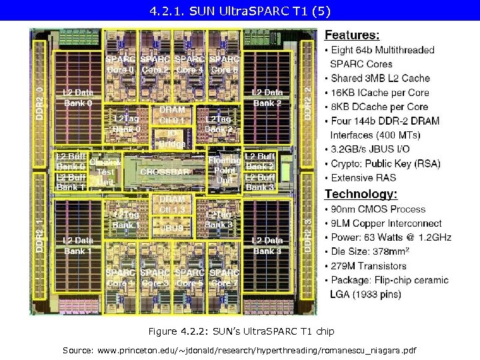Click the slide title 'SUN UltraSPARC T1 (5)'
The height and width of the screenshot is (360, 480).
tap(239, 11)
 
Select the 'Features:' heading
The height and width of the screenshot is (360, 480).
tap(352, 35)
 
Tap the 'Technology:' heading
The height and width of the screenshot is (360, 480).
tap(361, 194)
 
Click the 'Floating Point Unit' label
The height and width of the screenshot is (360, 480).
tap(224, 170)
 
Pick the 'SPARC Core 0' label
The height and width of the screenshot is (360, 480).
tap(121, 64)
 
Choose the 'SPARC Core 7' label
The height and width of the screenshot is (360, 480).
tap(224, 278)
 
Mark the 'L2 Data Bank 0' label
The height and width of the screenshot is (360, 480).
tap(78, 98)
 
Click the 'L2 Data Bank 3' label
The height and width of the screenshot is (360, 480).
tap(267, 245)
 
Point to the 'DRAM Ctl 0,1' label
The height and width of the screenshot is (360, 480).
tap(172, 115)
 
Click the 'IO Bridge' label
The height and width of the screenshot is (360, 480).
tap(172, 138)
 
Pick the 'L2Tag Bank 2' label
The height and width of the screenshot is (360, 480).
tap(219, 123)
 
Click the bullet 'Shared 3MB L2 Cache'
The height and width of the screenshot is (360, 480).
tap(380, 78)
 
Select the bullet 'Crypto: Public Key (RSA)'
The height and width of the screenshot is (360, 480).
tap(383, 163)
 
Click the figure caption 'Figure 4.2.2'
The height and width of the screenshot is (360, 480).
tap(240, 331)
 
